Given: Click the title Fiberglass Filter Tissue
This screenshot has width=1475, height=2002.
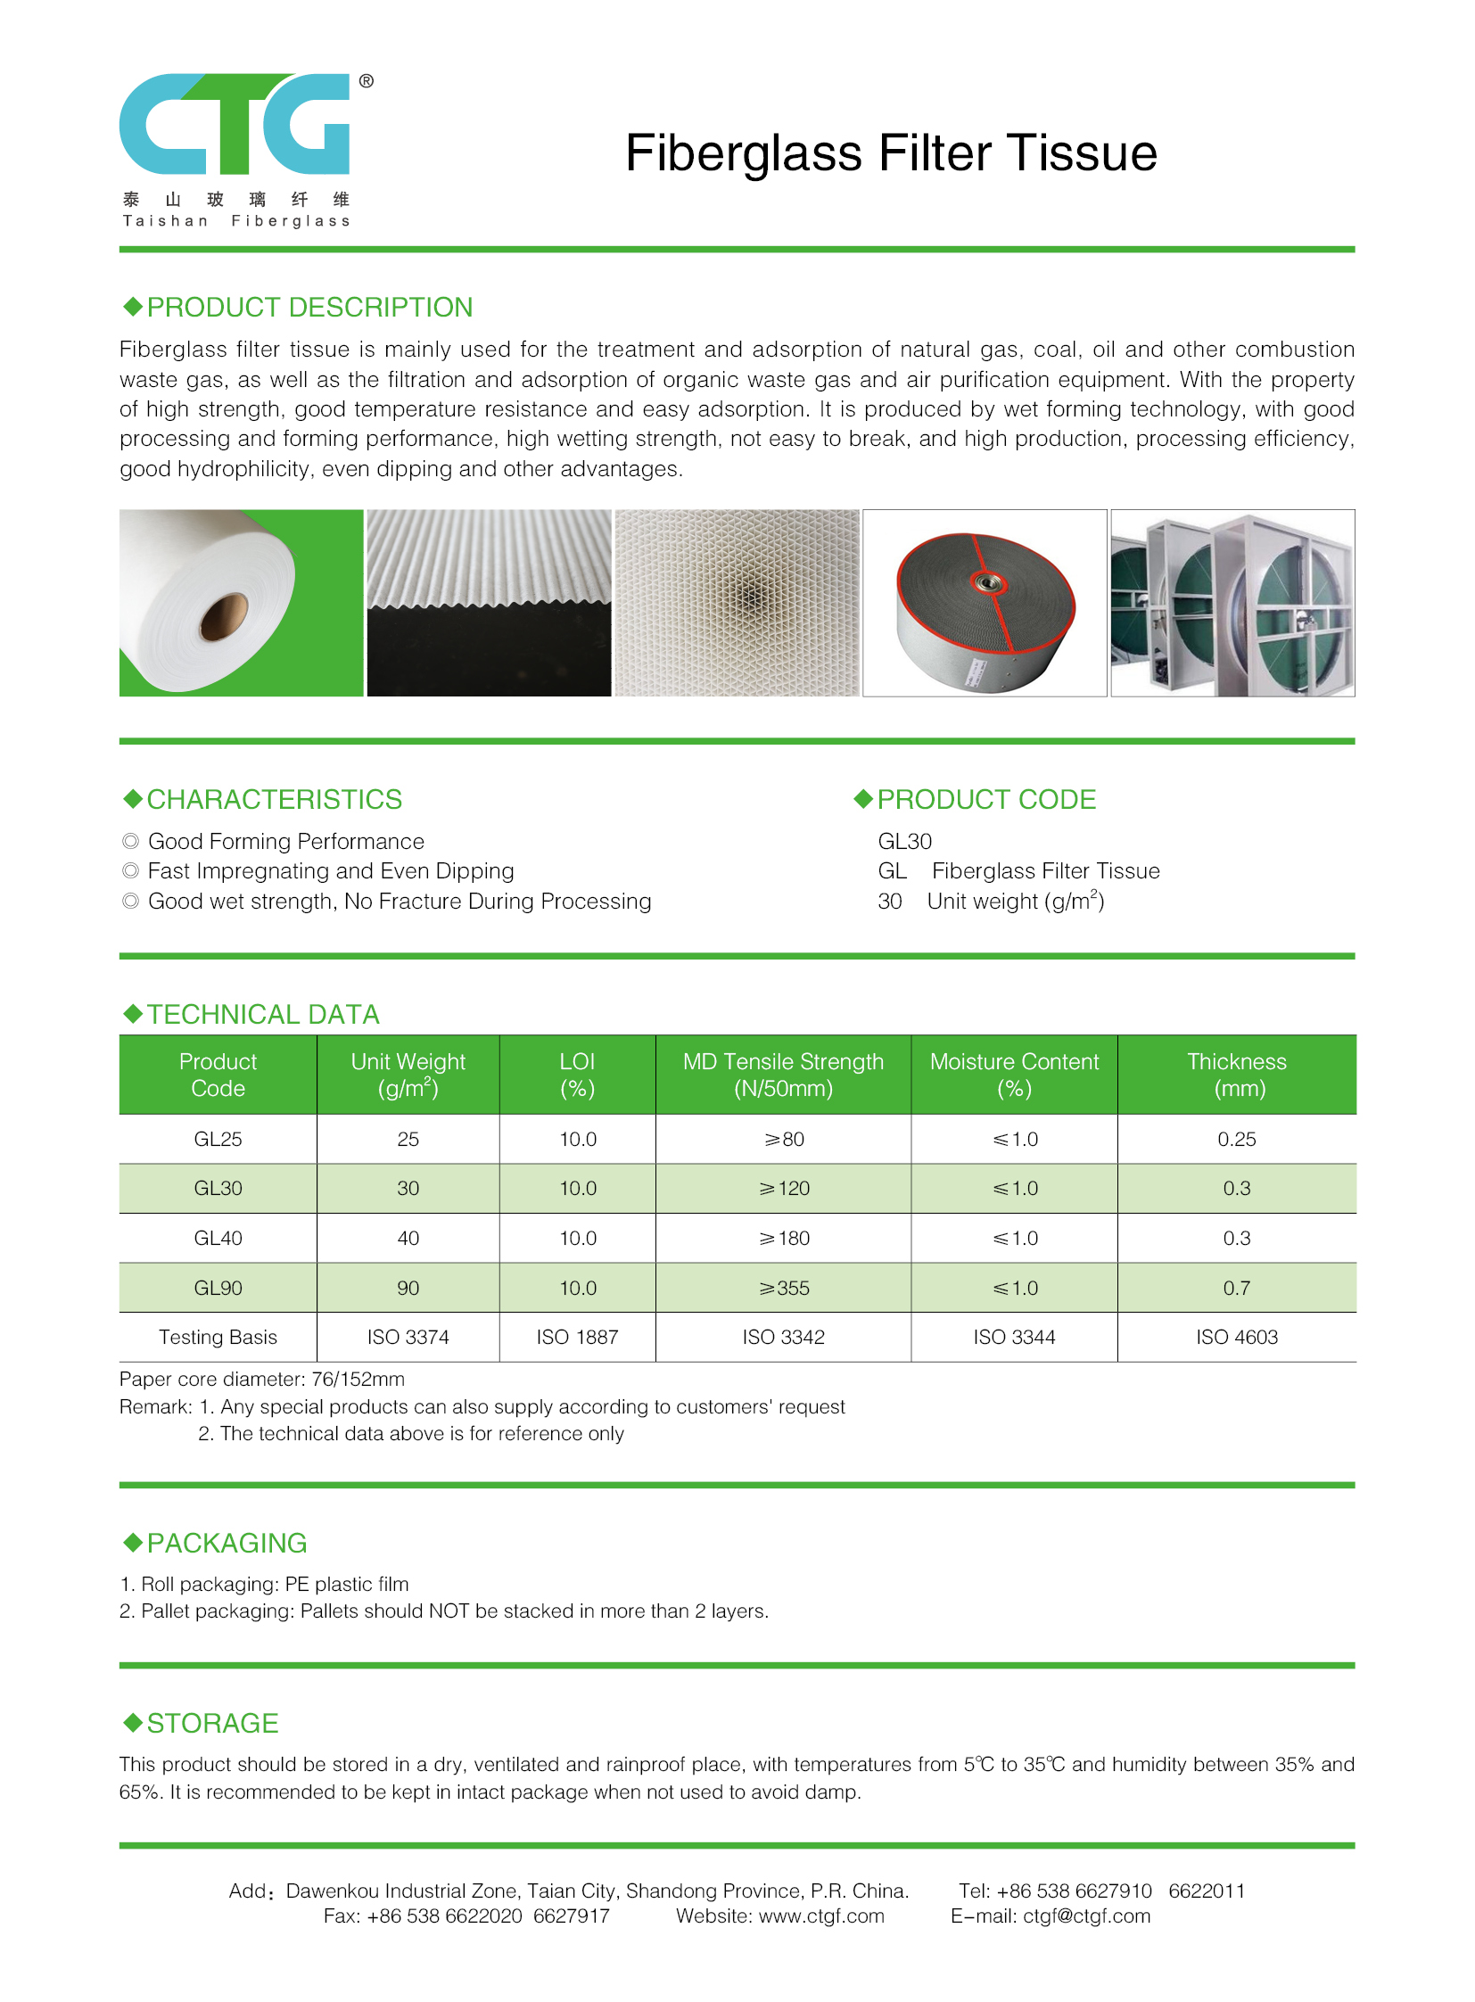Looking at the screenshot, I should tap(890, 152).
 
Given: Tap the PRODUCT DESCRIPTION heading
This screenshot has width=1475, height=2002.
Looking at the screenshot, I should tap(309, 307).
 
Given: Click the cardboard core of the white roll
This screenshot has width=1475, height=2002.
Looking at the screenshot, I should tap(222, 617).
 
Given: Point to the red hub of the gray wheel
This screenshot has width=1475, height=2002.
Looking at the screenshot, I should tap(988, 584).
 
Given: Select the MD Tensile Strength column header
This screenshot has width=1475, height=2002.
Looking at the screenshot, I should tap(783, 1075).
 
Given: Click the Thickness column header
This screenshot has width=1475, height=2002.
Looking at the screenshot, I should tap(1237, 1075).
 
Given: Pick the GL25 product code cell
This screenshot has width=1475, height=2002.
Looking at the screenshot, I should tap(218, 1140).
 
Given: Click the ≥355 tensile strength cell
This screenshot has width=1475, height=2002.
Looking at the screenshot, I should tap(784, 1288).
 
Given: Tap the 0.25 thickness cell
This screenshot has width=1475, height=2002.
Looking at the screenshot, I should tap(1237, 1140).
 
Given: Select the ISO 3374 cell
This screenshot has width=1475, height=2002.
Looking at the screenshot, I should tap(408, 1337).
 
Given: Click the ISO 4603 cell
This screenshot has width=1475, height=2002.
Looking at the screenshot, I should tap(1237, 1337).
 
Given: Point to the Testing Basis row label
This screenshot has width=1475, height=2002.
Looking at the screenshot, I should tap(218, 1337).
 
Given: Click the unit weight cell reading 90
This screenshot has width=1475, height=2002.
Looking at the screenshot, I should tap(408, 1288).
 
